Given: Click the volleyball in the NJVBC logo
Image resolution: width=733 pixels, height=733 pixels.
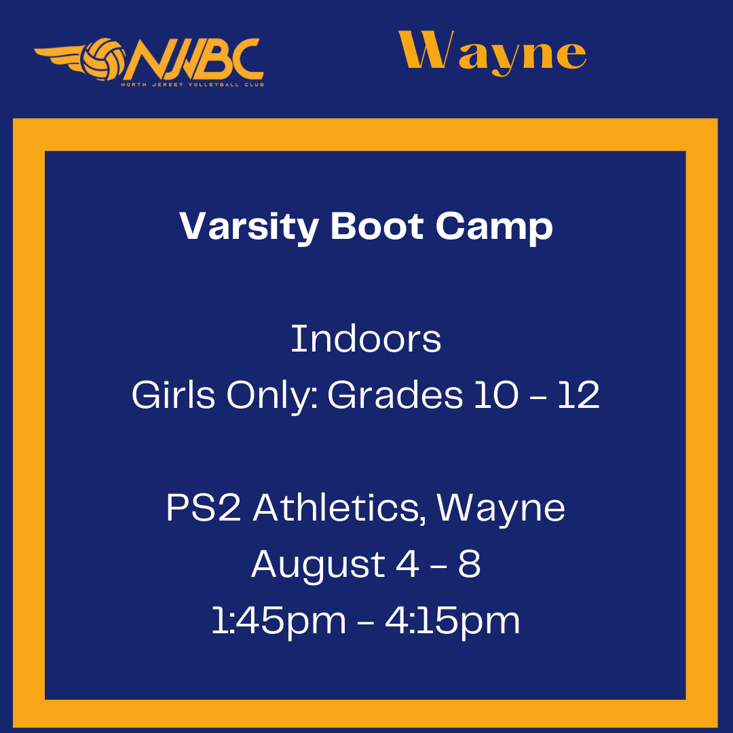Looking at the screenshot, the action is tap(103, 59).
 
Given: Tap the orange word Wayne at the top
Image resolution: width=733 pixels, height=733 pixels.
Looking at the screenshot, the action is tap(492, 53).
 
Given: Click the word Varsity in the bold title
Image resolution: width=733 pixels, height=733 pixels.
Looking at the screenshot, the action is tap(249, 227).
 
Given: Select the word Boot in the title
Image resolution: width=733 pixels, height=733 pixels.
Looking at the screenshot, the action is tap(377, 226).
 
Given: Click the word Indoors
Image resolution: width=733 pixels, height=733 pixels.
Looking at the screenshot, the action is tap(366, 339).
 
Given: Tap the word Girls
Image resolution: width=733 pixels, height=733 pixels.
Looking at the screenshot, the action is tap(174, 395).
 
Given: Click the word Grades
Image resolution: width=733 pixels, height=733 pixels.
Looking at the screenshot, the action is tap(395, 395).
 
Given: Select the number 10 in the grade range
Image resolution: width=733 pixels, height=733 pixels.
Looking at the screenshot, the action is tap(496, 395).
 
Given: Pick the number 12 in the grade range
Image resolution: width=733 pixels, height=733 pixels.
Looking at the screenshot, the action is tap(579, 395).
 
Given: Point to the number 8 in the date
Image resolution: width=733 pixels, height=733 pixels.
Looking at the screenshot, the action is tap(470, 564).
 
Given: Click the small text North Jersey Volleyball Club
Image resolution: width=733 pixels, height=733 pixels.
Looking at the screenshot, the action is tap(193, 85).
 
